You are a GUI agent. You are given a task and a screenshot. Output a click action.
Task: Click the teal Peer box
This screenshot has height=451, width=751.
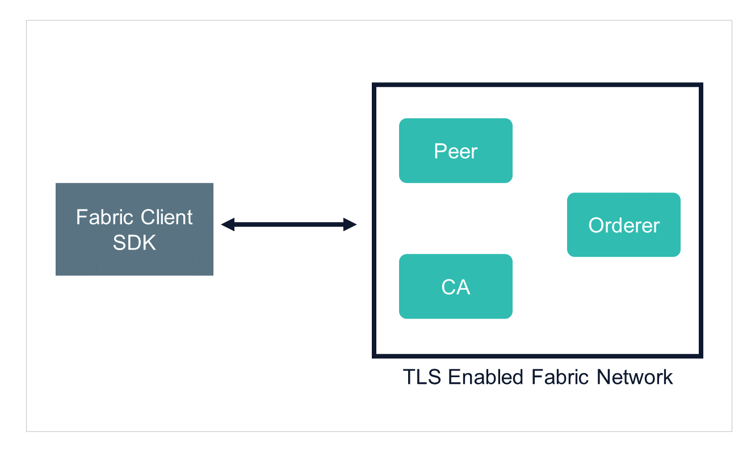pos(455,151)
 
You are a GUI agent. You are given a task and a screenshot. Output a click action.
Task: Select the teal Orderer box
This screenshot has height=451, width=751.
pos(623,225)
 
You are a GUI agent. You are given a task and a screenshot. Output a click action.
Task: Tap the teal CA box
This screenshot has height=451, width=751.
pos(455,286)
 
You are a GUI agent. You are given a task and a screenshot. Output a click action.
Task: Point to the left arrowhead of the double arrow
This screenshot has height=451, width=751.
pos(226,225)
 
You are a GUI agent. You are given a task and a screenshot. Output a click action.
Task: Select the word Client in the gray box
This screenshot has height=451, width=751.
pos(167,218)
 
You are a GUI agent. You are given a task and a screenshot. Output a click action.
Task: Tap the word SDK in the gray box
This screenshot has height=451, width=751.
pos(135,243)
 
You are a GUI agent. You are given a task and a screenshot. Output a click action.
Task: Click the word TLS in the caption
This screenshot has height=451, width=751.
pos(423,377)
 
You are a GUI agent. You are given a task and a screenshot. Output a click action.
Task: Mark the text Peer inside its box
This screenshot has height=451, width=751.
pos(455,151)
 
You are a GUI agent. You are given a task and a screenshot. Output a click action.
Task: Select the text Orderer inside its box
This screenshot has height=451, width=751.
pos(623,225)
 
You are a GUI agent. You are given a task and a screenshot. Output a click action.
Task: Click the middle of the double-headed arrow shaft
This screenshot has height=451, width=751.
pos(288,225)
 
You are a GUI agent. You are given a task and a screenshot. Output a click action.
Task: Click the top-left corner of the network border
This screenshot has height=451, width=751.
pos(374,85)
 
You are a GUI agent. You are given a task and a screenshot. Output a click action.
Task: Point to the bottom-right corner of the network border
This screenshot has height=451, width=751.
pos(701,356)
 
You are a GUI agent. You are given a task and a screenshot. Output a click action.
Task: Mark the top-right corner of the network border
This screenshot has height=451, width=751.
pos(701,85)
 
